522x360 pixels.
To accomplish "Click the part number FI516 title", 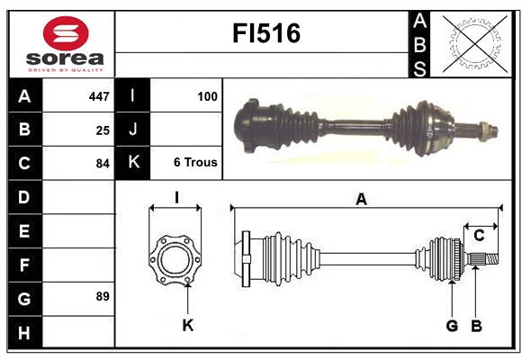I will point(266,33).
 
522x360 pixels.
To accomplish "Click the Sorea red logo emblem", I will point(65,34).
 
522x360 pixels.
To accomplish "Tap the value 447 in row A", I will point(99,96).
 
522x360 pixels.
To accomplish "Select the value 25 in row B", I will point(103,130).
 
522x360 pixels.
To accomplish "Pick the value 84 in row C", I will point(103,164).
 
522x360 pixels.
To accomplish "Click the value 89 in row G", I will point(103,296).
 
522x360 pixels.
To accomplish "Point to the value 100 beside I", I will point(208,95).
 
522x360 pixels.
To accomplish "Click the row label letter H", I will point(23,333).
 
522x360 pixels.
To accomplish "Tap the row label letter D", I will point(23,196).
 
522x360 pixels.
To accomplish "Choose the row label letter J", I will point(133,130).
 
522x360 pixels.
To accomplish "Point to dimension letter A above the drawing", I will point(362,200).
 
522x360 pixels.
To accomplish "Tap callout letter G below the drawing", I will point(452,325).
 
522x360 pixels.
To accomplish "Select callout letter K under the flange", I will point(187,325).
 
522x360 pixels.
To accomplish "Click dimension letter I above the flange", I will point(176,198).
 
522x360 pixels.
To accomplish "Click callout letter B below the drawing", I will point(477,325).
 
